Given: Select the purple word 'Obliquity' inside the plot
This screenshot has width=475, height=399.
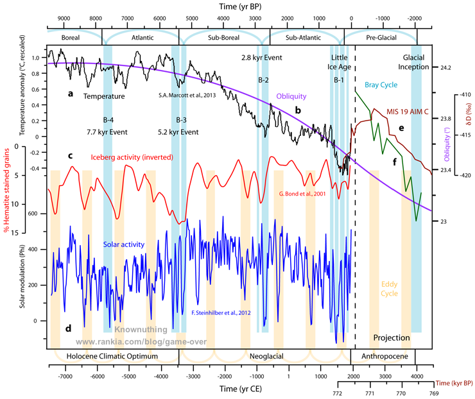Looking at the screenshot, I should tap(291, 96).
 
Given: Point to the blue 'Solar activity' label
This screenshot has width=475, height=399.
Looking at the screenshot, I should tap(123, 244).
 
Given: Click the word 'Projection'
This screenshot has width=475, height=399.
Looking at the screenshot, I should tap(392, 337).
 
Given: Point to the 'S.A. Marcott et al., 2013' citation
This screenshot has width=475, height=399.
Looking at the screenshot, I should tap(186, 96).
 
